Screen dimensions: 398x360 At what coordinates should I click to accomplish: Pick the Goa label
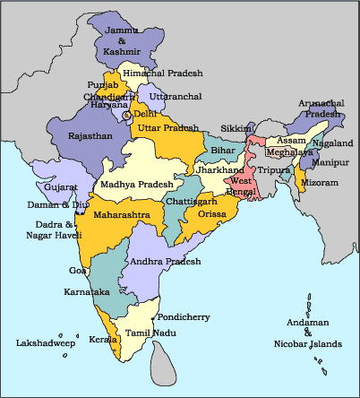coord(78,269)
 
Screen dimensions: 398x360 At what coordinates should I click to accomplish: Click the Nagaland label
coord(334,143)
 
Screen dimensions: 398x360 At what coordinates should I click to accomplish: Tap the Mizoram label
coord(321,182)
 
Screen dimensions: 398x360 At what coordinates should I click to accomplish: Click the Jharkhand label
coord(220,169)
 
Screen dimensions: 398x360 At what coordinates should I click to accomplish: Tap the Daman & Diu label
coord(57,204)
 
